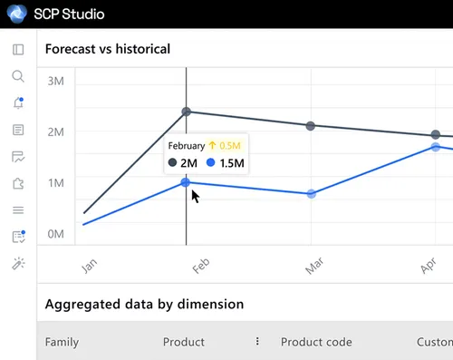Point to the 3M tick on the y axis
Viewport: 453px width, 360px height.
click(x=55, y=81)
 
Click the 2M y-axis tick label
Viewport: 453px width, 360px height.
click(x=55, y=131)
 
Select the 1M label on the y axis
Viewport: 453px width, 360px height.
click(x=55, y=182)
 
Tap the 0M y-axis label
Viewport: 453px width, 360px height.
click(x=55, y=233)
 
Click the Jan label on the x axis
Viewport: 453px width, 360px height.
click(x=89, y=265)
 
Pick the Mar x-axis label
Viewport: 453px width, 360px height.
click(x=313, y=265)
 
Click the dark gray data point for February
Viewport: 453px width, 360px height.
click(x=187, y=112)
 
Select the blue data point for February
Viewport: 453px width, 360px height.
click(x=186, y=182)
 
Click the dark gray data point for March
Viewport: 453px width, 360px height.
click(x=311, y=126)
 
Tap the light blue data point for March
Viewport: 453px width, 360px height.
click(x=312, y=194)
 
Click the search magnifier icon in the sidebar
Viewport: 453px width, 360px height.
click(x=17, y=76)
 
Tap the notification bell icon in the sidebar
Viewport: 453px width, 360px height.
click(x=17, y=103)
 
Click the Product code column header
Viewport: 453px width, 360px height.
click(x=316, y=342)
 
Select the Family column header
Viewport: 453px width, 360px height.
click(x=62, y=342)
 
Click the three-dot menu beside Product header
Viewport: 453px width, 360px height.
click(x=257, y=342)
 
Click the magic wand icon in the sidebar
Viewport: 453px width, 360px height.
click(x=17, y=263)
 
